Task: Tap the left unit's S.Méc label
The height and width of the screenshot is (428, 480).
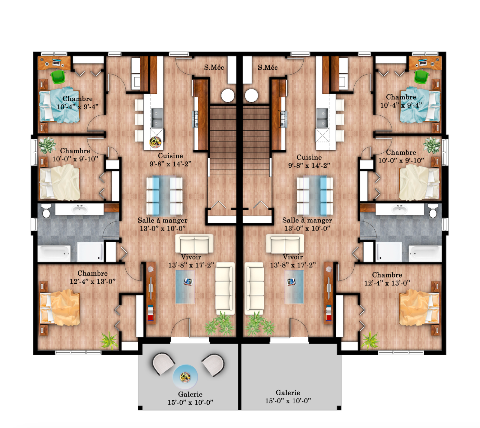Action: pos(214,67)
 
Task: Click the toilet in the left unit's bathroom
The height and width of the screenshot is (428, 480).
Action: pos(46,211)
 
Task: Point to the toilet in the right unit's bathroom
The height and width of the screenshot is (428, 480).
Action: pos(433,211)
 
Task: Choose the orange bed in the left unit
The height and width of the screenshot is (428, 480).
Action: pos(60,308)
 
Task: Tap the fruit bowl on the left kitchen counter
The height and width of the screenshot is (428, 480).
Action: pos(155,142)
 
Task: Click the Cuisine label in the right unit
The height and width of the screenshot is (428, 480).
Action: pos(309,157)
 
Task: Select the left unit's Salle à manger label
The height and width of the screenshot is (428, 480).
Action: pos(163,220)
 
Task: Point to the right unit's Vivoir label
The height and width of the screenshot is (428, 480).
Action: pos(293,257)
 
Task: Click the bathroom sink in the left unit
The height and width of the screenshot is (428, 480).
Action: pos(79,209)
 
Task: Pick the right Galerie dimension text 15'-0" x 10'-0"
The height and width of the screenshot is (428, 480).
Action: pos(288,401)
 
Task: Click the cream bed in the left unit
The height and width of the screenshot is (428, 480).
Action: pos(60,182)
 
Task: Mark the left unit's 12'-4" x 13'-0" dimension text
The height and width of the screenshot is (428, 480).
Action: pos(93,282)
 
